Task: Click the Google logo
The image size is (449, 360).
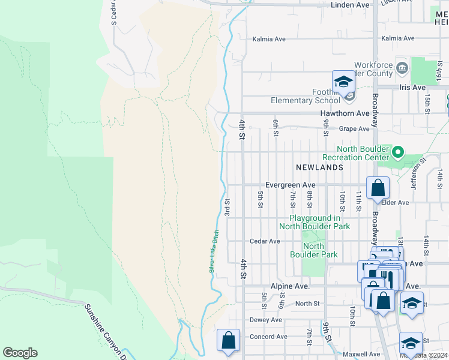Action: (x=20, y=353)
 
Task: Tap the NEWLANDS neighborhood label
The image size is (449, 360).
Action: (x=319, y=167)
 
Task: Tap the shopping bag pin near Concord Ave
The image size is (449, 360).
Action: (x=228, y=340)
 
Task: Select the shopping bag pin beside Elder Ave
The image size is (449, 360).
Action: (x=378, y=188)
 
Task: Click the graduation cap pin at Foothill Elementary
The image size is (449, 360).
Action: (x=343, y=82)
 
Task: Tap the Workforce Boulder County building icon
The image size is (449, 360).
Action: (x=402, y=65)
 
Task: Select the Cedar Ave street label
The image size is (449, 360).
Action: (x=265, y=241)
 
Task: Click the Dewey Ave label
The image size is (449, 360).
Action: (x=265, y=320)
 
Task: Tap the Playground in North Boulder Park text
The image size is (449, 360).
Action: (x=311, y=222)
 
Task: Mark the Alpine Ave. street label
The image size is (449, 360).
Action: (x=289, y=287)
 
